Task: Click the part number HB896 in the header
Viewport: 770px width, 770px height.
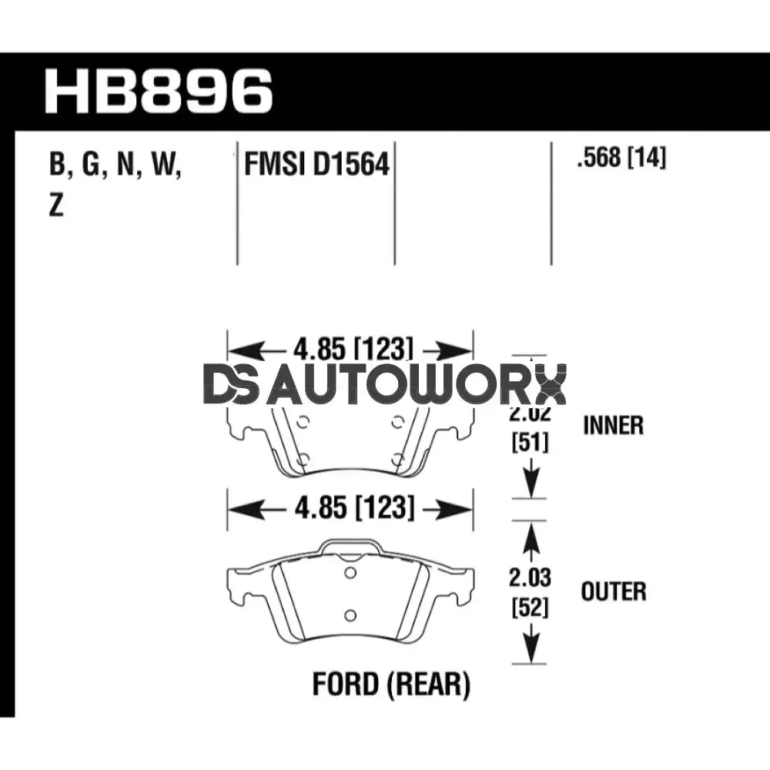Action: (159, 91)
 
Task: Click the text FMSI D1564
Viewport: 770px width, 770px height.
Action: (316, 164)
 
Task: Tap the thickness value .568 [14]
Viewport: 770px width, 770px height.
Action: (621, 159)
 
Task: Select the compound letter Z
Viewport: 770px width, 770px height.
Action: (55, 206)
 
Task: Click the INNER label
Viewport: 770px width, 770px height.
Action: (613, 425)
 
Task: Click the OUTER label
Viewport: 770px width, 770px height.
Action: (614, 591)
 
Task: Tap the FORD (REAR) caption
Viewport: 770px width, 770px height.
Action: (390, 684)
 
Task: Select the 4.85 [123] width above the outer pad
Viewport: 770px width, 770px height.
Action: (350, 508)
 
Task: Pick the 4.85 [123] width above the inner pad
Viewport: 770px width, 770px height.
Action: (350, 350)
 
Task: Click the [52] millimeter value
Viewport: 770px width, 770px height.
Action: (529, 608)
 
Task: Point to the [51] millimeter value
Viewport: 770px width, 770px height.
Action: (529, 443)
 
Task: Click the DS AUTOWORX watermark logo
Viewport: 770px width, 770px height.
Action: (385, 385)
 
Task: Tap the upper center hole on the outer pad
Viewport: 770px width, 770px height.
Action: (350, 573)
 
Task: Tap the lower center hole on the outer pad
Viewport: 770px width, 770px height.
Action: (350, 614)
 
